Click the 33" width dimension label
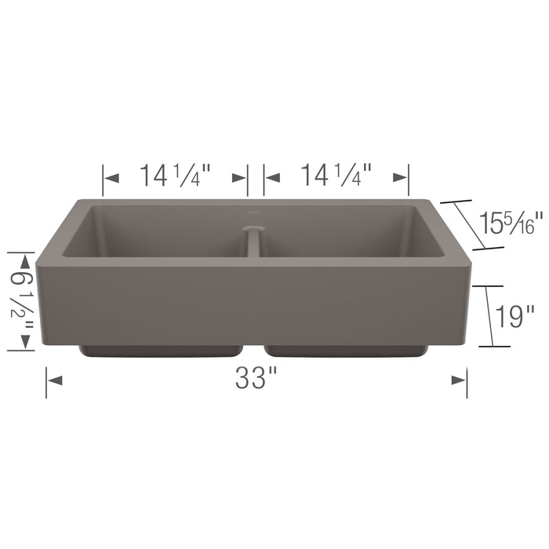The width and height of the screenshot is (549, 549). click(256, 380)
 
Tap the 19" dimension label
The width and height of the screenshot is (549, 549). click(515, 317)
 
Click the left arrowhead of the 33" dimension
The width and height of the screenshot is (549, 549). click(55, 380)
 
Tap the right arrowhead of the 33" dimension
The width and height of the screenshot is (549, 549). click(460, 380)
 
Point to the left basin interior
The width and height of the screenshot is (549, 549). click(157, 231)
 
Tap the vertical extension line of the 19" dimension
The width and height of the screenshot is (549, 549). click(490, 316)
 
